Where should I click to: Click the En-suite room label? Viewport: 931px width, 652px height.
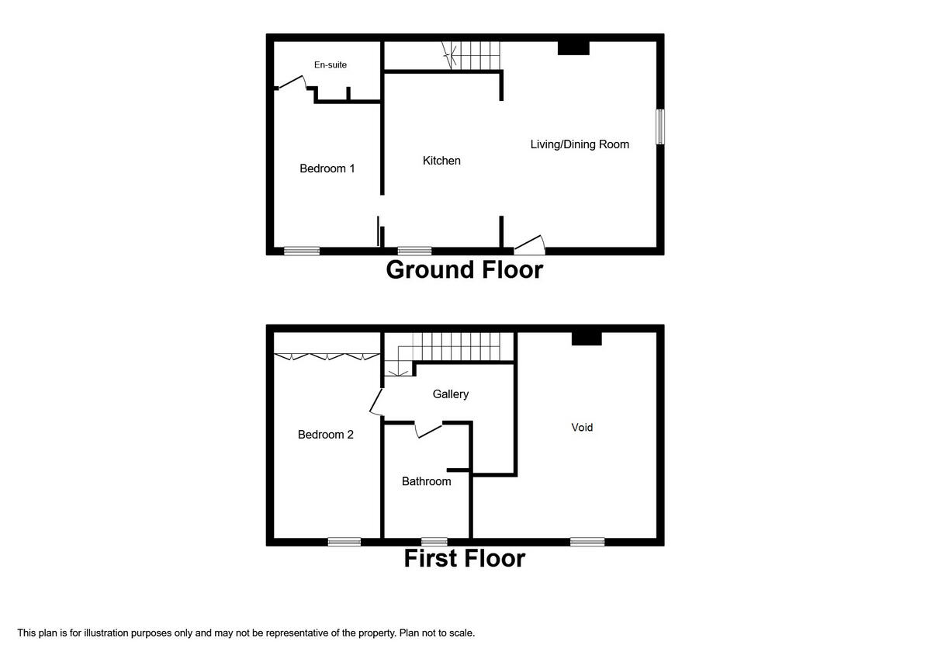(x=331, y=65)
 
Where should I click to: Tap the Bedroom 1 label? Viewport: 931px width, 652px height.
(x=327, y=168)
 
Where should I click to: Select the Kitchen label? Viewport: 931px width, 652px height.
(x=441, y=161)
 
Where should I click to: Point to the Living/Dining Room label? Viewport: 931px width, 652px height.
(x=580, y=144)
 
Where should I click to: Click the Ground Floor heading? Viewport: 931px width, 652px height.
(x=464, y=270)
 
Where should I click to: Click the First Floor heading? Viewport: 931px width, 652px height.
(x=464, y=559)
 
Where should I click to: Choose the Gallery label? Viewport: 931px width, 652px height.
(x=451, y=394)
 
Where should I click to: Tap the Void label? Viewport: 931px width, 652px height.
(x=582, y=428)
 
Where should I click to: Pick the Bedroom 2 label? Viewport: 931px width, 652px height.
(x=326, y=435)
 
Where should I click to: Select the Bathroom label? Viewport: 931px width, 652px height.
(x=426, y=481)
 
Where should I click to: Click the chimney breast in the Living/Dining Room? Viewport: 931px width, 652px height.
(x=574, y=47)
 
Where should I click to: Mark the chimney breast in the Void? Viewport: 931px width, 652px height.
(x=587, y=338)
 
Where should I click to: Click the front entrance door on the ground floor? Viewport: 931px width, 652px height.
(x=530, y=245)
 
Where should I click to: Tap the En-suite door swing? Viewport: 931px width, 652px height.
(x=291, y=81)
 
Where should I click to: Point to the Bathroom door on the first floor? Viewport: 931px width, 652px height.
(x=428, y=429)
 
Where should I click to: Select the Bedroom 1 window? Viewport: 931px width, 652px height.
(x=301, y=251)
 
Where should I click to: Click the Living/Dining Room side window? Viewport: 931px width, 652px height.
(x=660, y=127)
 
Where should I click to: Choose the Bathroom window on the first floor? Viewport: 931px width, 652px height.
(x=434, y=542)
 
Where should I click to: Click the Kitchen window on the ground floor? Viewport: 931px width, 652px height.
(x=415, y=251)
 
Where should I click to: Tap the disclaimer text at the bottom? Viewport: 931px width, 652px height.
(x=246, y=633)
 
